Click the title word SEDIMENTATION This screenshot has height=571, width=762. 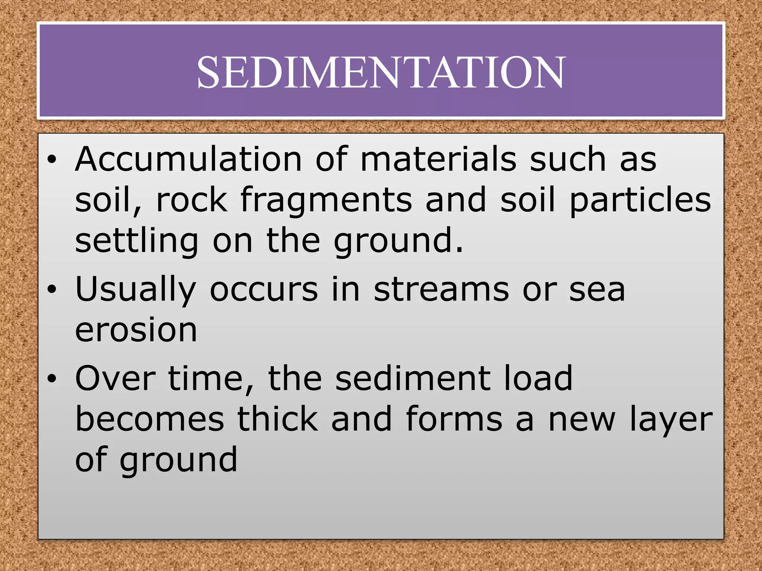[x=381, y=72]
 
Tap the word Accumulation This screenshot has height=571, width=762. [x=188, y=159]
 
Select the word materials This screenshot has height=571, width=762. [x=438, y=159]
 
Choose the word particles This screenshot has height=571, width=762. [x=640, y=201]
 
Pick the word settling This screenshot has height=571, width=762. [x=137, y=242]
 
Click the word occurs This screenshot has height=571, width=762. [x=264, y=290]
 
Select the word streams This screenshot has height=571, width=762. [x=441, y=290]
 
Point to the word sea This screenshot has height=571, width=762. [x=597, y=290]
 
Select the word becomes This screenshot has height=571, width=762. [x=150, y=419]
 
